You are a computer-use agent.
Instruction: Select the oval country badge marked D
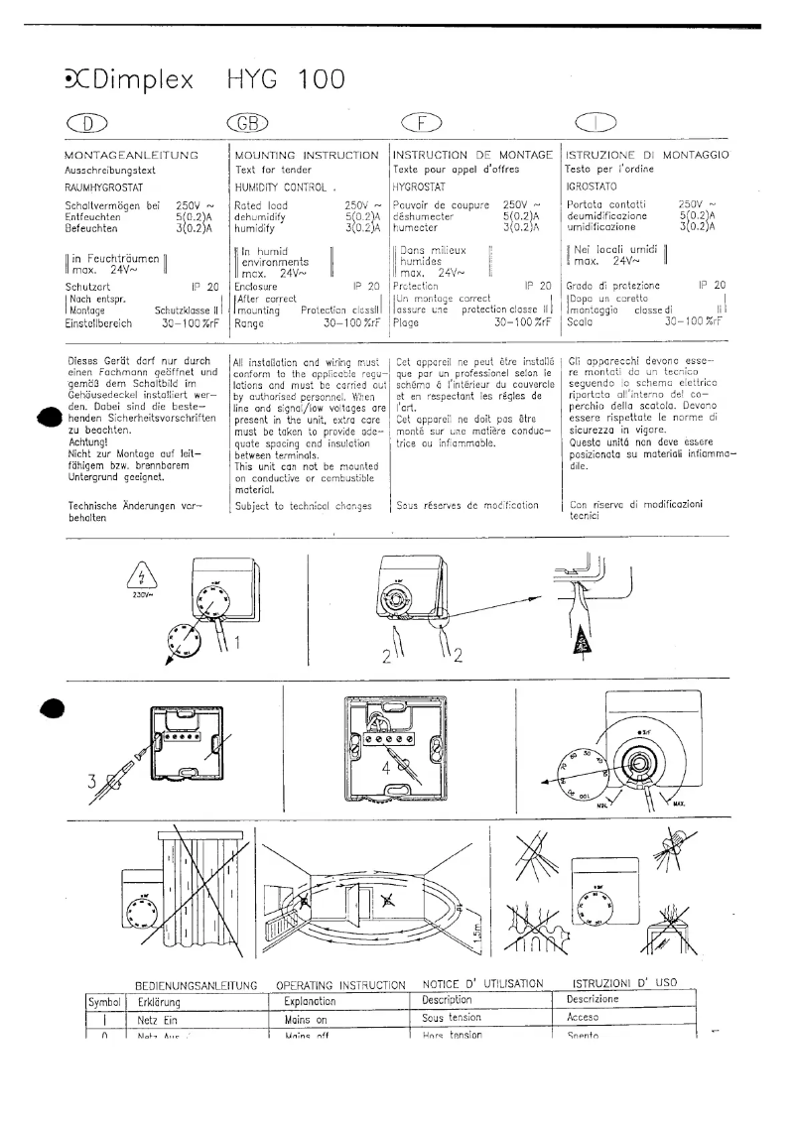coord(85,124)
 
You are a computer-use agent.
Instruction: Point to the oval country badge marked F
coord(420,124)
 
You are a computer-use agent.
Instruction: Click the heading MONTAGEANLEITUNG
coord(132,156)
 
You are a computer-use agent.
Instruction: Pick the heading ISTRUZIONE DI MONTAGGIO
coord(647,156)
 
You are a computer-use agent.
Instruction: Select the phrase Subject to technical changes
coord(296,505)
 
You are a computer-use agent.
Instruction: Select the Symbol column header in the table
coord(104,1001)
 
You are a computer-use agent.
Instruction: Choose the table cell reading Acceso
coord(583,1018)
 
